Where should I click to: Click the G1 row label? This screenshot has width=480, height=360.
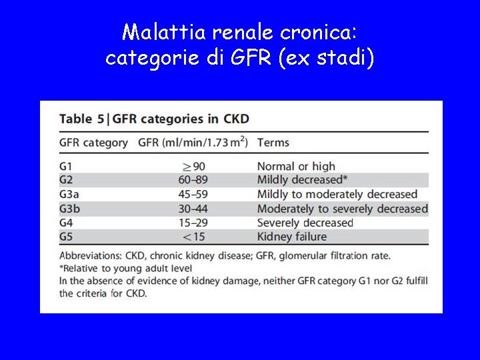(65, 166)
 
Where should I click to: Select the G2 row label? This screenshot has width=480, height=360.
(65, 180)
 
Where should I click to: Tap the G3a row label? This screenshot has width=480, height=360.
(69, 194)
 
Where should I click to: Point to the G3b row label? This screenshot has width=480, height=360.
(69, 209)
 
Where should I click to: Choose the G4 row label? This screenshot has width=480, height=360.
(65, 223)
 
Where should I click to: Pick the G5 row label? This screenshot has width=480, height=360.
(65, 237)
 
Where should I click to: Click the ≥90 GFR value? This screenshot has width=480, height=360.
(193, 166)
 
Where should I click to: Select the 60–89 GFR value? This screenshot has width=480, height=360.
(193, 180)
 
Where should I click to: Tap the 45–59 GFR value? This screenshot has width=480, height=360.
(193, 194)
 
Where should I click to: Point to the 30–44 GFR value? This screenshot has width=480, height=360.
(193, 209)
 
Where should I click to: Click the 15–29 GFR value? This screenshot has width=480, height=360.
(193, 223)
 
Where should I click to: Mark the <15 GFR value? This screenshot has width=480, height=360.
(193, 237)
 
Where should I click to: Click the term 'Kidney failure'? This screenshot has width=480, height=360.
(291, 237)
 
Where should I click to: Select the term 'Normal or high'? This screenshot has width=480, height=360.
(296, 166)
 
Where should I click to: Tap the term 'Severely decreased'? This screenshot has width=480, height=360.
(305, 223)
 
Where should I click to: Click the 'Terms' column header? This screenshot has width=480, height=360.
(273, 142)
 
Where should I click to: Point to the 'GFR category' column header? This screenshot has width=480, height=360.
(93, 142)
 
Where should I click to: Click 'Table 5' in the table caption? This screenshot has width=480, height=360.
(81, 119)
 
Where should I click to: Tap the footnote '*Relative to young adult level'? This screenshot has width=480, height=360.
(125, 268)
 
